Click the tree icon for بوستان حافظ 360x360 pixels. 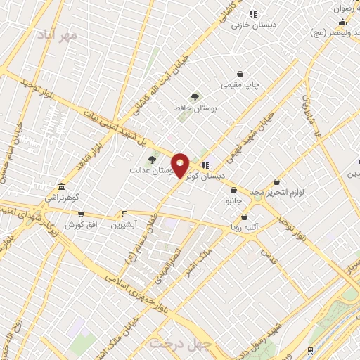click(195, 97)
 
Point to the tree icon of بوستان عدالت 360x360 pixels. click(152, 160)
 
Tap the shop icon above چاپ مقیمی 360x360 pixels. click(240, 74)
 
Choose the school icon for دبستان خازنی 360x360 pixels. click(253, 13)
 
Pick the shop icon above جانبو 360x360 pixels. click(233, 190)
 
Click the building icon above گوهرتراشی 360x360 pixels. click(62, 186)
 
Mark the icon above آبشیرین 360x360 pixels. click(125, 213)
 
